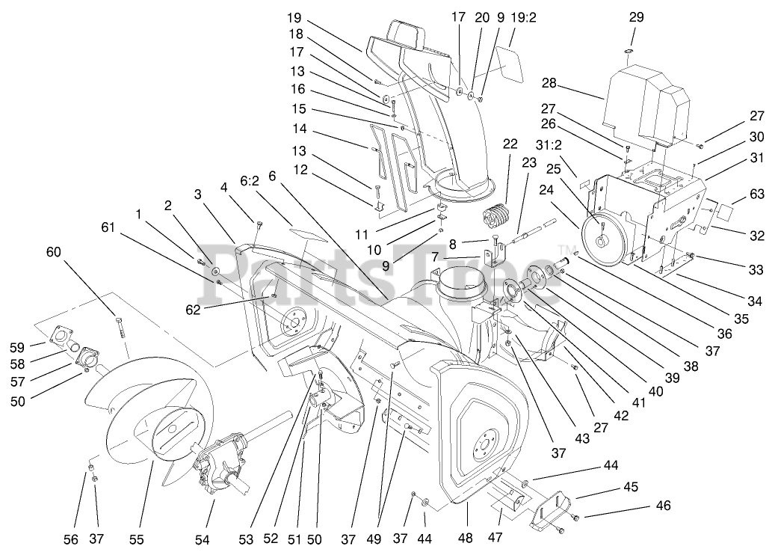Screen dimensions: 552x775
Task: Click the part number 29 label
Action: tap(636, 16)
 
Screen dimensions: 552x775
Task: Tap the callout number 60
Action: tap(54, 252)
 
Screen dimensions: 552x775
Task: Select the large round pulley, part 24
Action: tap(604, 238)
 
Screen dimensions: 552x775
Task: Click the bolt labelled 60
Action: tap(118, 327)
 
